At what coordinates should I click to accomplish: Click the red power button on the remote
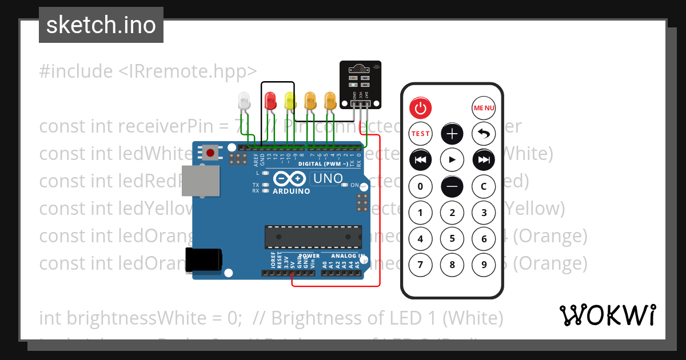coord(420,107)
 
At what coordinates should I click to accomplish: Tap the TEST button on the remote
coord(420,134)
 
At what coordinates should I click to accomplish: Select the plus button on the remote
coord(452,134)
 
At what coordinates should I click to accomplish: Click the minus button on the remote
coord(452,186)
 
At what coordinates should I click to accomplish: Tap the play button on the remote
coord(452,160)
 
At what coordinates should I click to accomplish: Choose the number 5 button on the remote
coord(452,239)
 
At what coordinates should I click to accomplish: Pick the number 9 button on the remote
coord(484,265)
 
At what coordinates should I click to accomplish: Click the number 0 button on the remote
coord(420,186)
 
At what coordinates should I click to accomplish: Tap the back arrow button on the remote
coord(484,134)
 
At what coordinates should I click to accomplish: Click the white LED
coord(244,101)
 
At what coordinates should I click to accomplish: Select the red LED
coord(271,101)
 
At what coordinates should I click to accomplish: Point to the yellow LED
coord(290,101)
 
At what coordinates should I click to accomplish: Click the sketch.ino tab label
coord(101,25)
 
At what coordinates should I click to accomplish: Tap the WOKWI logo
coord(607,315)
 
